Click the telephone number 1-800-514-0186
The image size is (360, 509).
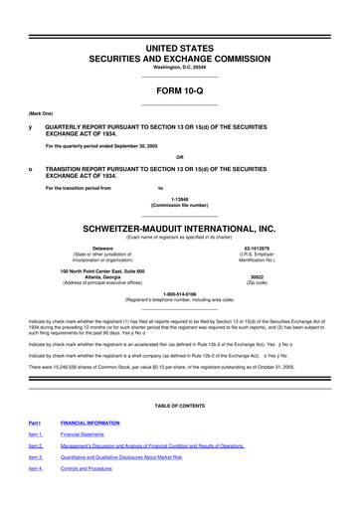pyautogui.click(x=179, y=293)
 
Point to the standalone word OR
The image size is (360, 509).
pyautogui.click(x=179, y=157)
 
